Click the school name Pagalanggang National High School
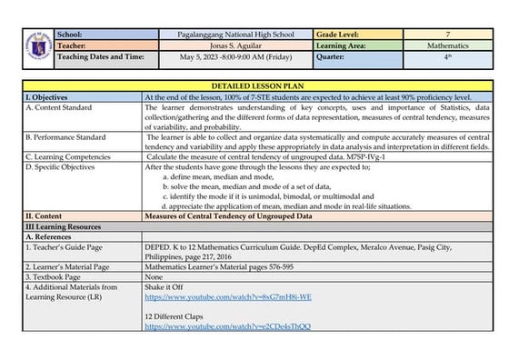236,34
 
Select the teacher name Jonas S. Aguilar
236,45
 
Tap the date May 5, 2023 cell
236,55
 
